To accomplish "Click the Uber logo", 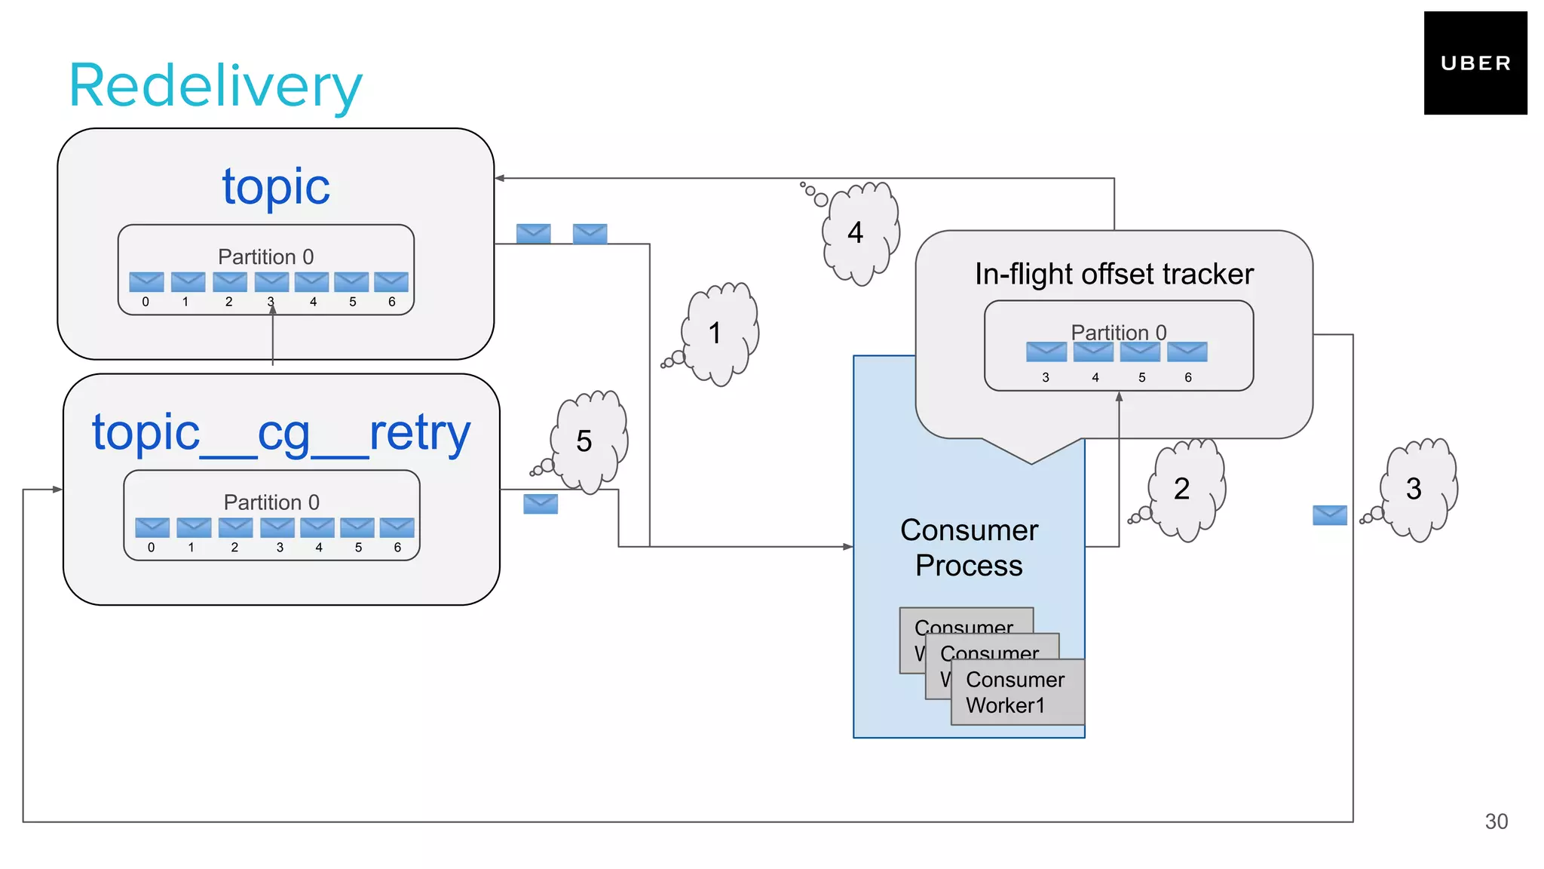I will (x=1475, y=63).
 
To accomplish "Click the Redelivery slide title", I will (x=216, y=86).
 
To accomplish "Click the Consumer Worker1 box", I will (x=1016, y=692).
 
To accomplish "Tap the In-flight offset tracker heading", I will (x=1114, y=274).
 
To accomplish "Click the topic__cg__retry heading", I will (x=281, y=433).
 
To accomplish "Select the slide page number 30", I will (x=1496, y=821).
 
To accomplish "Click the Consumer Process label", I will (x=969, y=548).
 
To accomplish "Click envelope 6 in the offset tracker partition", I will (x=1187, y=352).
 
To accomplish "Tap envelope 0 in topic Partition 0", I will (x=146, y=282).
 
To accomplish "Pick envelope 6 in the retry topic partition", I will (x=397, y=527).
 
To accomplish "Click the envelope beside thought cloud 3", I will (x=1329, y=515).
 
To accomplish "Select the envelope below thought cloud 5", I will (x=541, y=504).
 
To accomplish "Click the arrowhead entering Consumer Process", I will (x=848, y=546).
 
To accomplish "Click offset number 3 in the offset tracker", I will (x=1045, y=377).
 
